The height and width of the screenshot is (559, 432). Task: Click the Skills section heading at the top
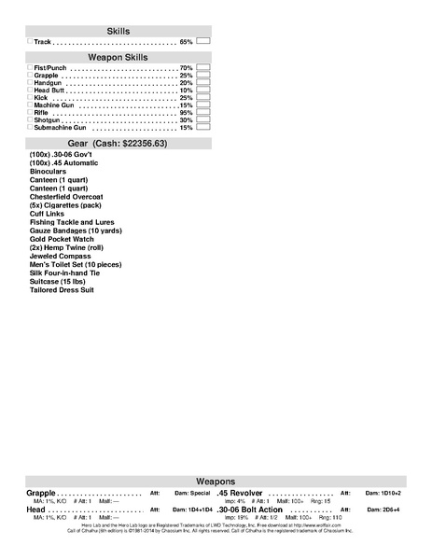pyautogui.click(x=118, y=31)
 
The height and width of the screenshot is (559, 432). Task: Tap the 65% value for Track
pyautogui.click(x=186, y=42)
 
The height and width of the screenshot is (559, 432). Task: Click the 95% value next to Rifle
pyautogui.click(x=186, y=113)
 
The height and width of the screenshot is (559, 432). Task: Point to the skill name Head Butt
pyautogui.click(x=50, y=91)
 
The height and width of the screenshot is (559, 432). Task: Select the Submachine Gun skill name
pyautogui.click(x=61, y=128)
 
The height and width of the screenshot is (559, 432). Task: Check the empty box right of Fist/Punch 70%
pyautogui.click(x=203, y=68)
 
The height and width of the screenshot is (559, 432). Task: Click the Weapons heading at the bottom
pyautogui.click(x=216, y=480)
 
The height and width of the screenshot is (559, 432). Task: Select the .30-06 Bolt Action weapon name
pyautogui.click(x=249, y=510)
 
